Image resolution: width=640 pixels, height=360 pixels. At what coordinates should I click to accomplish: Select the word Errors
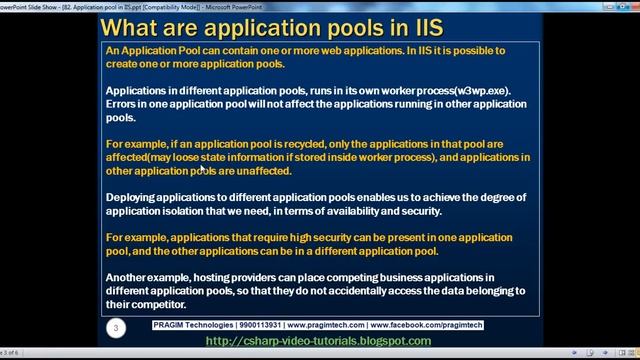(124, 104)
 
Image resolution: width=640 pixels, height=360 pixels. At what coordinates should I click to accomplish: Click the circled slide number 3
(117, 327)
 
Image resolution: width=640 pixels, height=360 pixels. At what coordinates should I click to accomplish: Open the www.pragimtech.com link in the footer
(335, 326)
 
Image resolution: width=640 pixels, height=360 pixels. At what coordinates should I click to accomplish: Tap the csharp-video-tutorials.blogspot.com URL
(318, 341)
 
